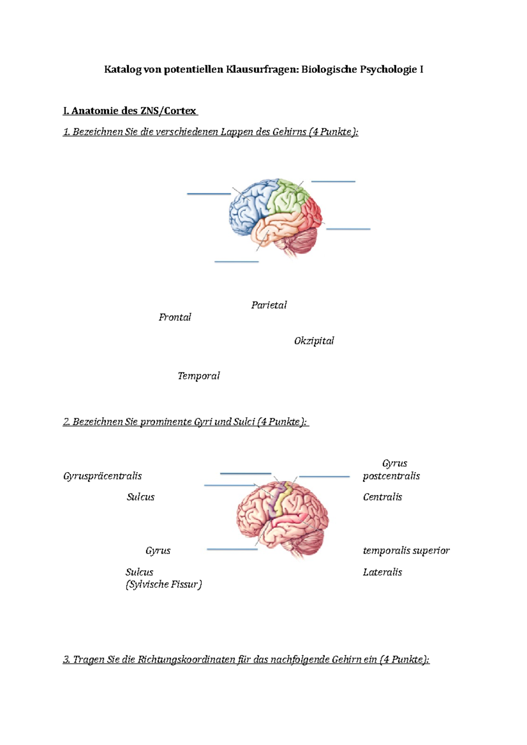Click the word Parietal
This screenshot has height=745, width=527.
[x=269, y=305]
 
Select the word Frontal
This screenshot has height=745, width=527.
[x=175, y=317]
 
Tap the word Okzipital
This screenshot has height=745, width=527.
[x=314, y=341]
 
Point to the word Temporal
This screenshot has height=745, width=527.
[x=199, y=376]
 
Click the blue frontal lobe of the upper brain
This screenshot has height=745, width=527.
[x=248, y=204]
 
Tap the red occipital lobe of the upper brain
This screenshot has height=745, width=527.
[x=312, y=213]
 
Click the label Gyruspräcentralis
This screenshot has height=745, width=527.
[x=102, y=476]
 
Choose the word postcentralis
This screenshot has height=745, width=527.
[x=391, y=476]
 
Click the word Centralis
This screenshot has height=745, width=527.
[x=382, y=497]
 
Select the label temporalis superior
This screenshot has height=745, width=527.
[x=406, y=551]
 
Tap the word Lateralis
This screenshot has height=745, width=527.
[x=382, y=572]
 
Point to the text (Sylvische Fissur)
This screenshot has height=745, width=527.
[x=163, y=584]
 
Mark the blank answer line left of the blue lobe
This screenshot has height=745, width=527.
[x=209, y=193]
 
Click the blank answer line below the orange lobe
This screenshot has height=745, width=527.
[x=236, y=261]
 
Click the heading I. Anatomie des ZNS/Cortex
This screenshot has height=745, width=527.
[x=130, y=111]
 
